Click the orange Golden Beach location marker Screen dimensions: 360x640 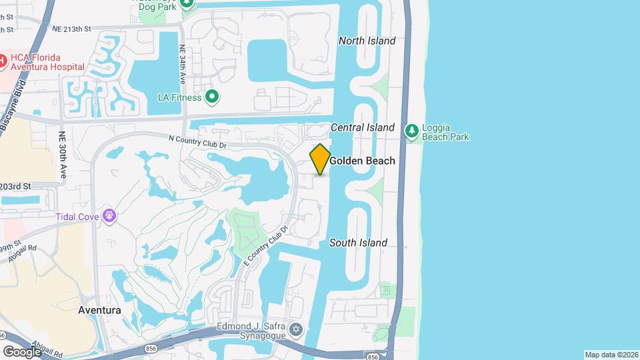[x=320, y=159]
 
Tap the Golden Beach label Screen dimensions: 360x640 [x=362, y=161]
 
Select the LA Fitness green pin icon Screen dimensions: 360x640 [x=213, y=97]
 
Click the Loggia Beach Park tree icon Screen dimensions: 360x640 [x=412, y=131]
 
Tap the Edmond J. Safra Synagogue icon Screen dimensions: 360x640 [x=295, y=329]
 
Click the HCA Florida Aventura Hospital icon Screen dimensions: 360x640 [x=3, y=61]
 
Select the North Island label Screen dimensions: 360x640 [x=367, y=41]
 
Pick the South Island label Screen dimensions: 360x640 [x=359, y=243]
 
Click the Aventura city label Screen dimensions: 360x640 [x=99, y=310]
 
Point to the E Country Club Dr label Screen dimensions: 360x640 [x=265, y=246]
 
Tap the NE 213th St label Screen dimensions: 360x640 [x=71, y=29]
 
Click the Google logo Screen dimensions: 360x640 [x=21, y=351]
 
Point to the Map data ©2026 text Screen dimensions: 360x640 [x=611, y=355]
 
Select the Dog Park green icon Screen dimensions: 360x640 [x=187, y=3]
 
